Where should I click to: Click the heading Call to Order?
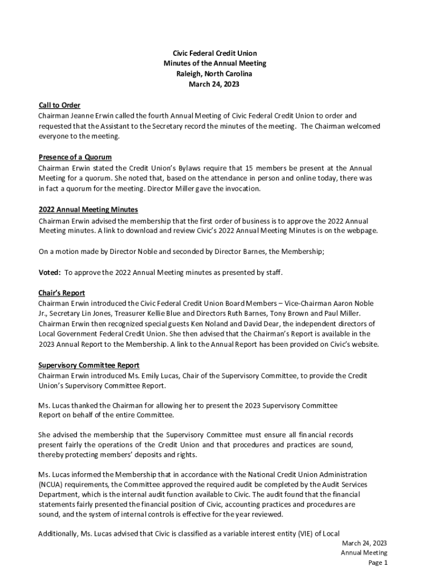point(59,105)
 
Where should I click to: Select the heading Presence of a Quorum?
point(75,157)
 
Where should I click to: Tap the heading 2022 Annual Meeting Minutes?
point(88,210)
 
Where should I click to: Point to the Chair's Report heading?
point(62,293)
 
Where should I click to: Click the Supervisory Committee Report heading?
point(88,366)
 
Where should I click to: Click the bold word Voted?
point(50,273)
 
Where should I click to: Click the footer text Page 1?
point(377,563)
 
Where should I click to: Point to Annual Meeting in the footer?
point(364,553)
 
